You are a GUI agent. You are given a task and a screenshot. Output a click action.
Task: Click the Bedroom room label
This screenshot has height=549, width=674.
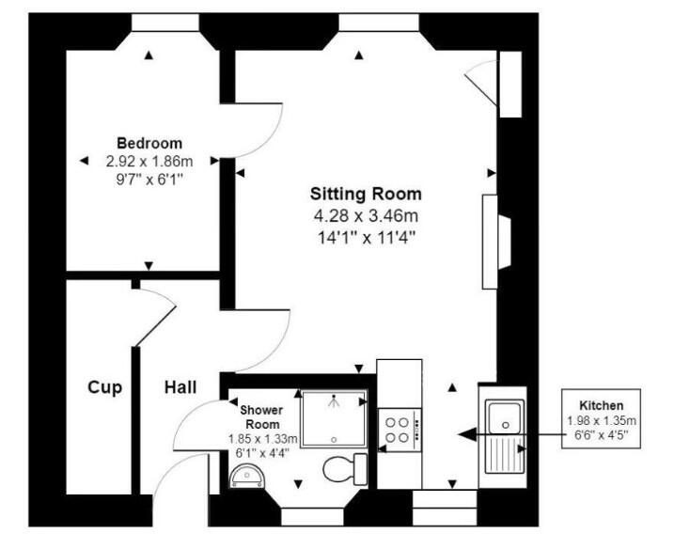149,143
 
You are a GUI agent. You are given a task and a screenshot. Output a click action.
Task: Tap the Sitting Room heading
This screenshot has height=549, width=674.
366,194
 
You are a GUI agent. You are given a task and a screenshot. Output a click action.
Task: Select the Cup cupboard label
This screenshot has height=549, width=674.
105,387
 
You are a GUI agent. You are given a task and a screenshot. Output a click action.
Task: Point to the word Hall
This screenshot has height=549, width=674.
180,387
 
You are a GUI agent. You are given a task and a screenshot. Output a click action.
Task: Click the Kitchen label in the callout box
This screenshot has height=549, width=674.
601,405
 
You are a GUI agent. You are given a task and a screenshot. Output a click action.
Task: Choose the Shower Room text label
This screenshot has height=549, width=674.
261,417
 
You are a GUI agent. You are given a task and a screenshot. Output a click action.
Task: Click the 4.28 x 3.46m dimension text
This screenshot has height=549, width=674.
366,215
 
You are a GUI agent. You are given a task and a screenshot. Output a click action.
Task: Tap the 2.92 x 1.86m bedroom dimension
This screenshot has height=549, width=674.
149,162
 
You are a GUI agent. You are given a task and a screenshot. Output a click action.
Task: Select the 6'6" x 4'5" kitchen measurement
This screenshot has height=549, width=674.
601,434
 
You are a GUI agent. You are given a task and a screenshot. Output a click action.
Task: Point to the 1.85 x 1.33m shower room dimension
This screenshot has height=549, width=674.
262,439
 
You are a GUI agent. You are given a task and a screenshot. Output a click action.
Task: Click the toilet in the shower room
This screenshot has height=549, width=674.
345,468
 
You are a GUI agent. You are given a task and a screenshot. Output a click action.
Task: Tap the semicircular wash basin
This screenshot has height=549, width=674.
247,476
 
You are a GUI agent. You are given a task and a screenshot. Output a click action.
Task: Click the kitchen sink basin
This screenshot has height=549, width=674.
505,417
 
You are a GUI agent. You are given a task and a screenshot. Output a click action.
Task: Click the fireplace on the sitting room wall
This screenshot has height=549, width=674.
496,242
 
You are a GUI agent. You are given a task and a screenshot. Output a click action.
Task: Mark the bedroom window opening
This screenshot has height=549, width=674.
165,23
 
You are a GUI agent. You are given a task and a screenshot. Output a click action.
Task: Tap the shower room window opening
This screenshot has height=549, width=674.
312,517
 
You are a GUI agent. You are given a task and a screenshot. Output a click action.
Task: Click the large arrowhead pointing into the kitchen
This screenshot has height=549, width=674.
468,434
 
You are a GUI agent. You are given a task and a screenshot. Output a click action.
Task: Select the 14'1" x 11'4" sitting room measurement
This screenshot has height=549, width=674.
367,237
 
